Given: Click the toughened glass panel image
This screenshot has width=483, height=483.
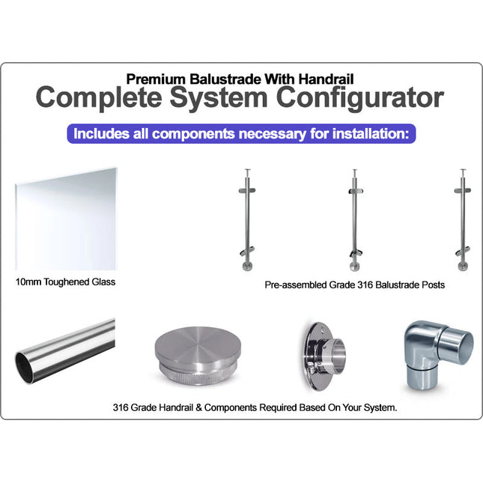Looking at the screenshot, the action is tap(66, 219).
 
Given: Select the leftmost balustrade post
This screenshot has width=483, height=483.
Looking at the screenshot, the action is tap(247, 220).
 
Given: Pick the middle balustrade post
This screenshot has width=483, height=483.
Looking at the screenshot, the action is tap(355, 220).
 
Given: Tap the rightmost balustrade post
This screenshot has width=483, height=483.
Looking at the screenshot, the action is tap(463, 220).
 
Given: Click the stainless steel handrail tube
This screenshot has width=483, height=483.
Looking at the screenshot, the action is tap(65, 351).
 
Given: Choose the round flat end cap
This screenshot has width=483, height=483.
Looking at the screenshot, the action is tap(198, 356).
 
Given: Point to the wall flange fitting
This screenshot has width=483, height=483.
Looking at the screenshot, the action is tap(323, 356).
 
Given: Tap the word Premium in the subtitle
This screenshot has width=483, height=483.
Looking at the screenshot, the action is tap(156, 79).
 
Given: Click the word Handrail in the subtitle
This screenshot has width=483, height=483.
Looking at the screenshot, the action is tap(326, 79).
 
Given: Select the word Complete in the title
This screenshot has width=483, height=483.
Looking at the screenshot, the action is tap(99, 98).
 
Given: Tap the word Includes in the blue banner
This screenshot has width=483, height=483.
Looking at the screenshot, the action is tap(101, 134).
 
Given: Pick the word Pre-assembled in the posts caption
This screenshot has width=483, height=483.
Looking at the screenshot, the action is tap(296, 285).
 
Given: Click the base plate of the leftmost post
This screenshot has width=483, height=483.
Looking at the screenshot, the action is tap(247, 266).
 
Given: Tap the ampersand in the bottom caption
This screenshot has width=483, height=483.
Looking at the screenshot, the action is tap(198, 408).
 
